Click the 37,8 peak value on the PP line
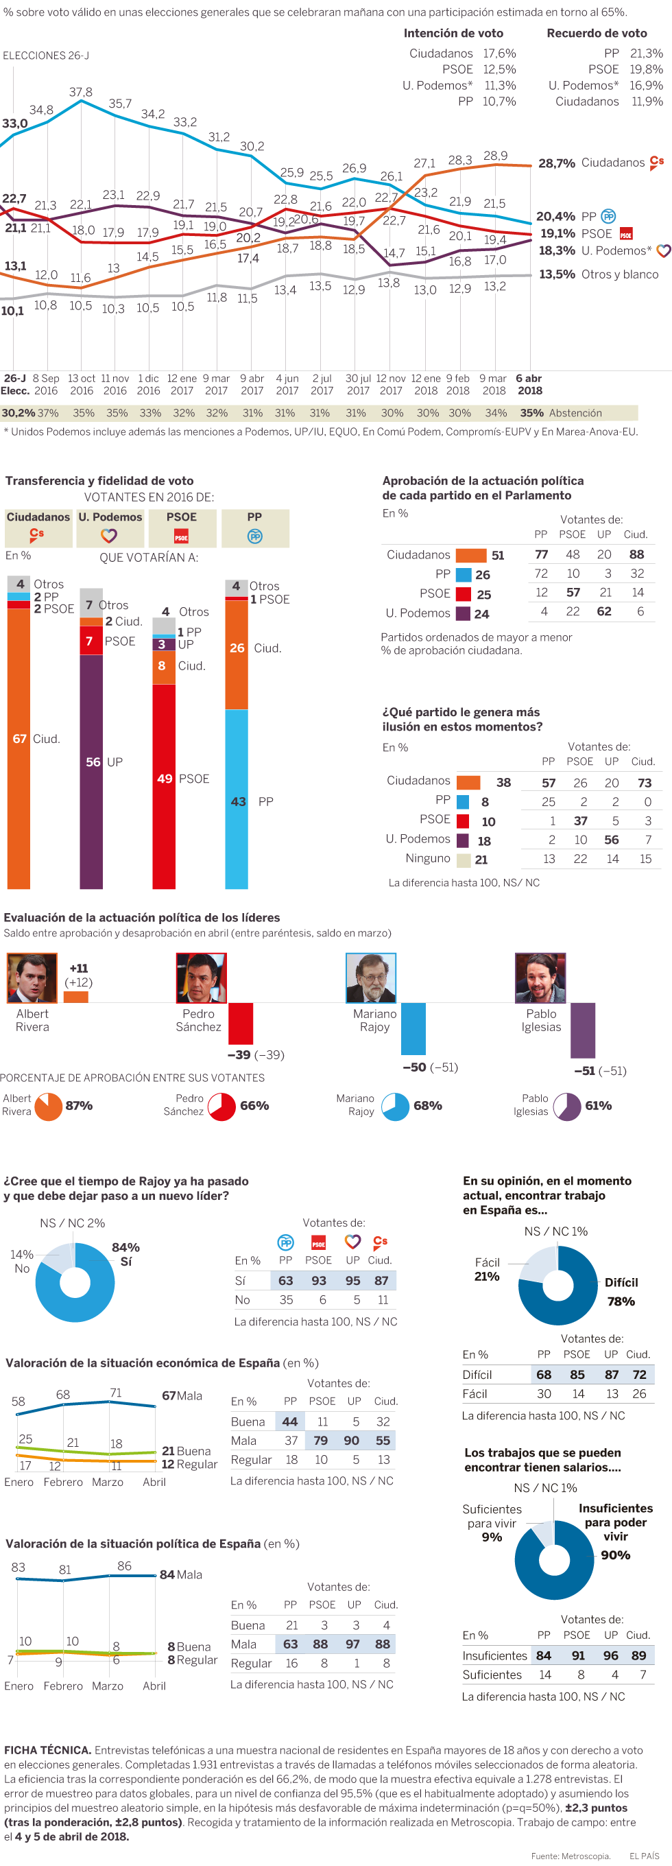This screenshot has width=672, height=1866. pos(80,93)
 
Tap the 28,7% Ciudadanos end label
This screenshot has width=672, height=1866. pos(556,164)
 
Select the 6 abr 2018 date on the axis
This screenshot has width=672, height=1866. pos(529,385)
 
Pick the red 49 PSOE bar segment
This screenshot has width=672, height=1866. pos(164,786)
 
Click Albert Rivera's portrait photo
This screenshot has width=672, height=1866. pos(32,978)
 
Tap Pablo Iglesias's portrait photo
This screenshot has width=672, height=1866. pos(540,978)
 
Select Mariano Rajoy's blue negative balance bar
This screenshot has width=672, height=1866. pos(413,1028)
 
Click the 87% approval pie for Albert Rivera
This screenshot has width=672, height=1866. pos(49,1106)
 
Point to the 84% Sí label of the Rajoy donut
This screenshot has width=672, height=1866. pos(125,1254)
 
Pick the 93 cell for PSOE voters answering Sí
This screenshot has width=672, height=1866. pos(319,1281)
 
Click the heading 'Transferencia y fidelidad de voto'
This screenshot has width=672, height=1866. pos(99,481)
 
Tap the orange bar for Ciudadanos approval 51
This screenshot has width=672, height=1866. pos(470,556)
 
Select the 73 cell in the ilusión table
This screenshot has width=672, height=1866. pos(645,783)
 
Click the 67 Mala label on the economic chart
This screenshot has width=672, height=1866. pos(182,1396)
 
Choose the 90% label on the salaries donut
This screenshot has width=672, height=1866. pos(615,1555)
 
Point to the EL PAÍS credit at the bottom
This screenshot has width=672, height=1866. pos(644,1856)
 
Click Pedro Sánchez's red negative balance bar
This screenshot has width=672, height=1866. pos(241,1024)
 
